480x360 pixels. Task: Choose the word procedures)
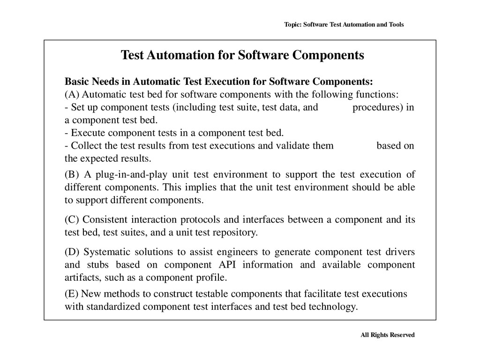tap(377, 107)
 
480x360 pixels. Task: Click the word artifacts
tap(81, 277)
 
